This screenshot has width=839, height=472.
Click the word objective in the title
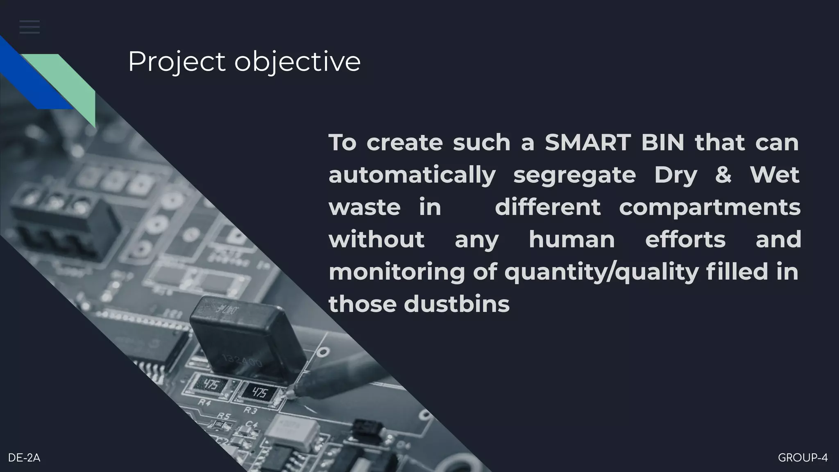(297, 62)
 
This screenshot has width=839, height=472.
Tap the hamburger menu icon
(29, 27)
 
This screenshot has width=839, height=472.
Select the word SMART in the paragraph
(587, 143)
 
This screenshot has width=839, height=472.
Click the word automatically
(412, 175)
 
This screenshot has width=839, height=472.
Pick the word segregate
(574, 175)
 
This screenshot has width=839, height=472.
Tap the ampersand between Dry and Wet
(723, 175)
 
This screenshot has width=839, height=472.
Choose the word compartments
(710, 207)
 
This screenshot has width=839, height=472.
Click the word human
(572, 239)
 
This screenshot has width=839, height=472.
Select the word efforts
(685, 239)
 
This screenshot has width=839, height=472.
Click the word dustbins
(456, 304)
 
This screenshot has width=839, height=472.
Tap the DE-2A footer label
(24, 458)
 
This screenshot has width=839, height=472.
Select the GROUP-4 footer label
(803, 458)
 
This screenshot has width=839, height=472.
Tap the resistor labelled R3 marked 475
(259, 393)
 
